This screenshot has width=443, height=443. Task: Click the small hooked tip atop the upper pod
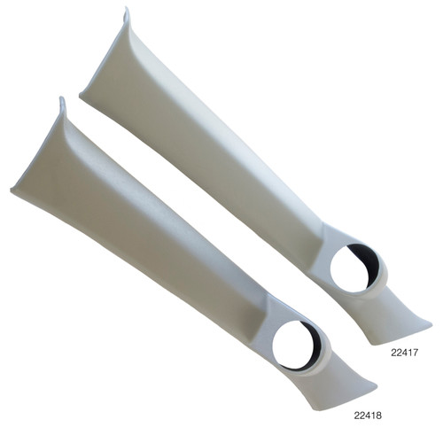[125, 15]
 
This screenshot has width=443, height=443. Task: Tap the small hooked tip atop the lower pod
[61, 104]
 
